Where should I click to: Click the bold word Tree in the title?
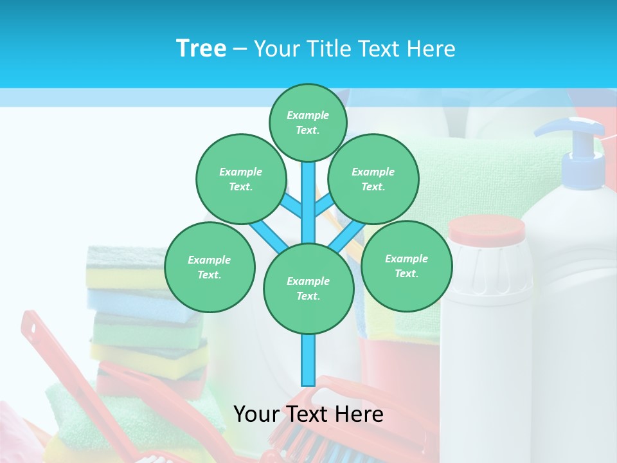[x=201, y=49]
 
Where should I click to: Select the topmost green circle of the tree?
[x=308, y=122]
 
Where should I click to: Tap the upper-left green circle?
[x=240, y=179]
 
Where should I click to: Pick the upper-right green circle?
[x=373, y=179]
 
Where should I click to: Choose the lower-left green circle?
[x=210, y=267]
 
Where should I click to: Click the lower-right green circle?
[x=406, y=266]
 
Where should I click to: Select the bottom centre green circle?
[x=308, y=288]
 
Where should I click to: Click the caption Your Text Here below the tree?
[x=308, y=414]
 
